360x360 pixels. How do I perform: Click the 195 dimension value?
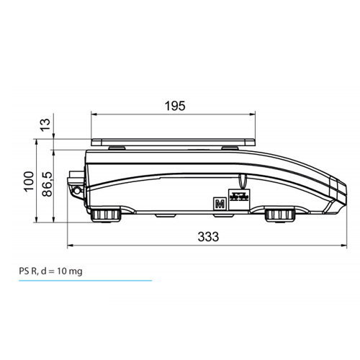pos(175,106)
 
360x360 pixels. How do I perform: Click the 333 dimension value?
pos(208,237)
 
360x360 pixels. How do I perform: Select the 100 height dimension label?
pos(29,181)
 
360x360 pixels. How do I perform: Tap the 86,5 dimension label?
pos(47,184)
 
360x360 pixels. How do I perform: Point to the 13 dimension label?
pos(45,125)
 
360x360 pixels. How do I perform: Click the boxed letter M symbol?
pos(220,204)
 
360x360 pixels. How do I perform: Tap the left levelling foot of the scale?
pos(106,215)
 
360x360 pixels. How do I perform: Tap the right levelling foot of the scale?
pos(280,215)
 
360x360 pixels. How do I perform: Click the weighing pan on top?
pos(173,143)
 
